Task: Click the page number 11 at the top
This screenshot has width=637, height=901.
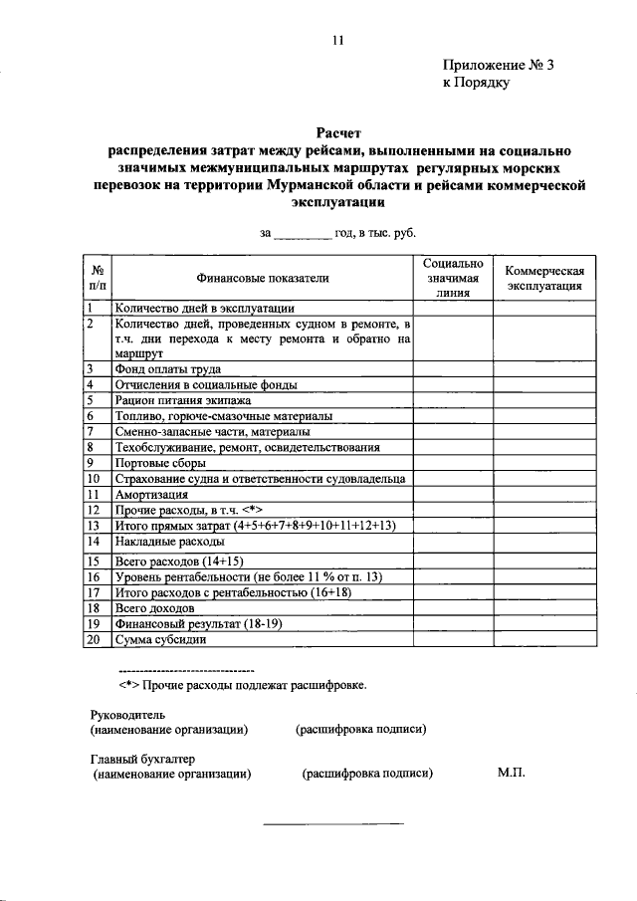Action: [338, 41]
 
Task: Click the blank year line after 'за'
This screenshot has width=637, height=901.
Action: [303, 233]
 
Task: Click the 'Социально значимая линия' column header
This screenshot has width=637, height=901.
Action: [453, 278]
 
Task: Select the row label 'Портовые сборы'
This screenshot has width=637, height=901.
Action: [160, 463]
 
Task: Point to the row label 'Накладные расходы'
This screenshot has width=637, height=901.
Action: [171, 541]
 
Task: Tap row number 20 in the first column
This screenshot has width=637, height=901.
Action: [93, 639]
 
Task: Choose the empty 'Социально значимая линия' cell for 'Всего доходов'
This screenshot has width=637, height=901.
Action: [453, 607]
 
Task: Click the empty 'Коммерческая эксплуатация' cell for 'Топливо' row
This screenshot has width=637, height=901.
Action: [543, 415]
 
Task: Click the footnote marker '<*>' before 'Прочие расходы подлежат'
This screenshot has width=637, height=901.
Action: [128, 685]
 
